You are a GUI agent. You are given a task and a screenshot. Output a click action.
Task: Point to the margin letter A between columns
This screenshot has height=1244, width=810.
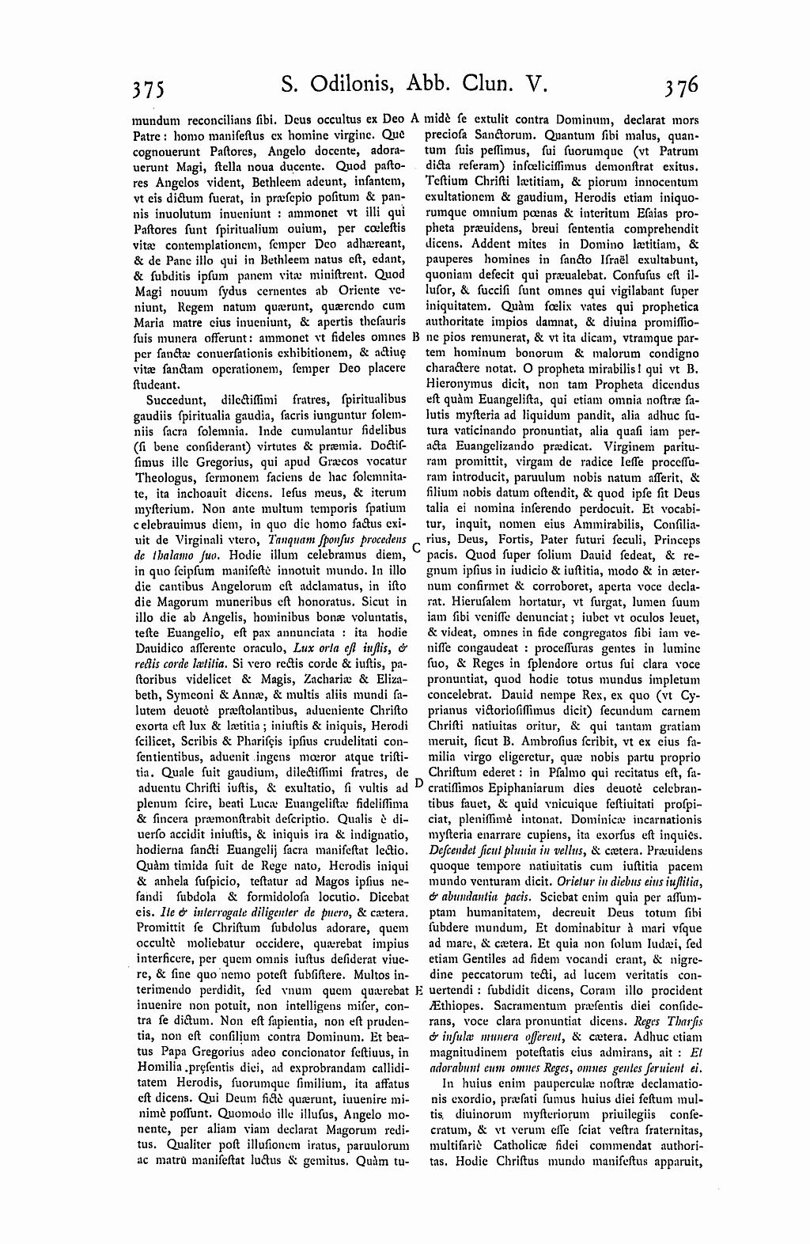[x=416, y=120]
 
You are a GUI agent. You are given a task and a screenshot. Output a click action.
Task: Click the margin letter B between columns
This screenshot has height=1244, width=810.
[x=415, y=336]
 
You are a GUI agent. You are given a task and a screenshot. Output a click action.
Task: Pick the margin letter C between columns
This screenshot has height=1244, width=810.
[x=416, y=547]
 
